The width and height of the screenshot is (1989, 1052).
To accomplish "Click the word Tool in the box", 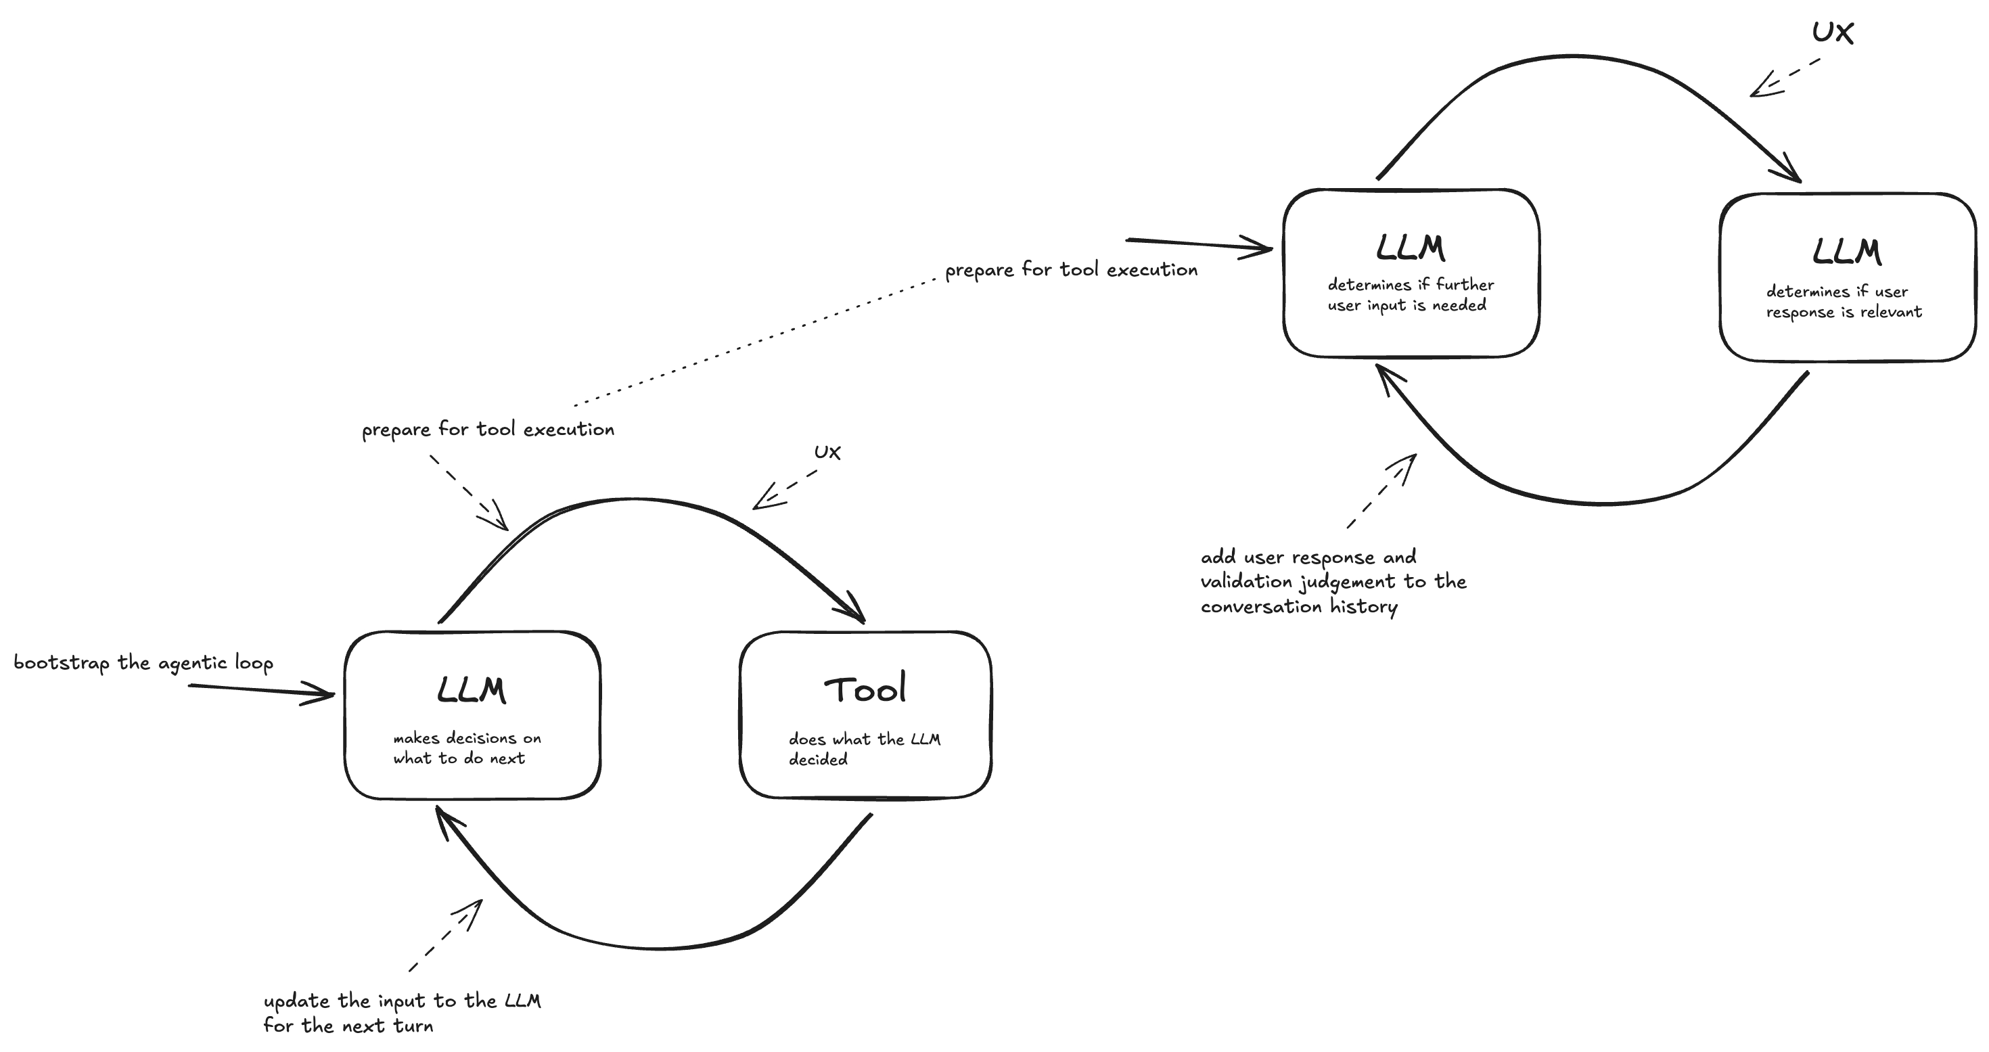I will [x=864, y=689].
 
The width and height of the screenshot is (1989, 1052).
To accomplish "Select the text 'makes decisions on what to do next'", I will [x=466, y=748].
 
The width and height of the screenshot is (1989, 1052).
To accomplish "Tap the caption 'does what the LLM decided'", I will [x=863, y=748].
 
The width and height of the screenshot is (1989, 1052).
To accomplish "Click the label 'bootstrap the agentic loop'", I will [x=143, y=663].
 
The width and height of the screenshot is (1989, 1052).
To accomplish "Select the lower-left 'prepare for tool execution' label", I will [x=488, y=430].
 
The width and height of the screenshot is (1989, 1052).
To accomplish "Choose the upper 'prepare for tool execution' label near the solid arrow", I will [x=1071, y=269].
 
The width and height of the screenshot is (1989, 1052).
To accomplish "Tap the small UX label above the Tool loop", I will [x=827, y=452].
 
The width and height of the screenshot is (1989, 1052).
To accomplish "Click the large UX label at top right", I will [x=1832, y=32].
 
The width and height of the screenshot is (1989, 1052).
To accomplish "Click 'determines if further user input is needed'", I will [x=1410, y=294].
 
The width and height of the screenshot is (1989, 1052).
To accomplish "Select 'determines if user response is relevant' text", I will [x=1843, y=301].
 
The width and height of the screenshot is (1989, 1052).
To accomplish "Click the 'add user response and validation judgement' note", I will [x=1333, y=581].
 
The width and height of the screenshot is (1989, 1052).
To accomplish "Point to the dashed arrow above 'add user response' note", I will [x=1382, y=490].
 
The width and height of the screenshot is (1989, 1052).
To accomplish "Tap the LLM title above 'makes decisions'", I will [x=471, y=690].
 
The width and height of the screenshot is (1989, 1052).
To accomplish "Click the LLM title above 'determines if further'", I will [x=1410, y=248].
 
